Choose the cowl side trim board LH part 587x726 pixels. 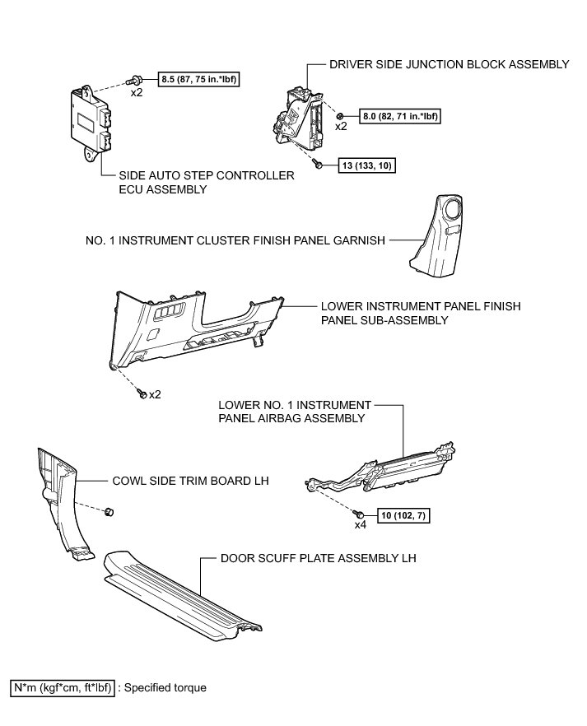(x=61, y=502)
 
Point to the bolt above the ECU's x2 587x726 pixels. (x=134, y=81)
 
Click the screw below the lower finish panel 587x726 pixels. (x=142, y=394)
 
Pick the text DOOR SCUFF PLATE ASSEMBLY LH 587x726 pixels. (x=318, y=557)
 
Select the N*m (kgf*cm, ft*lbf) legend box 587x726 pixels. (x=61, y=687)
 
